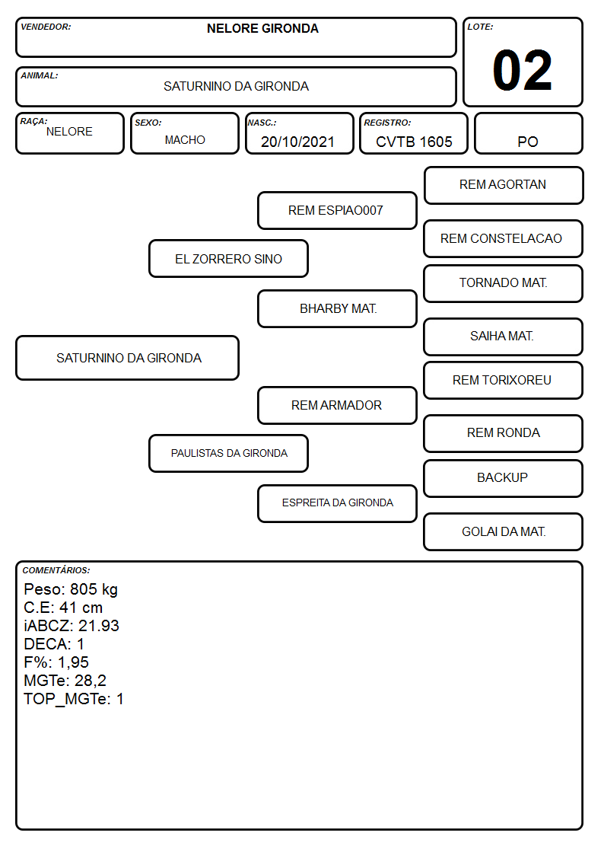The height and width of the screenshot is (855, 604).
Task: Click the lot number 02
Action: tap(522, 70)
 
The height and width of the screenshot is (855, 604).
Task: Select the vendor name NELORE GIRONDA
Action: tap(262, 29)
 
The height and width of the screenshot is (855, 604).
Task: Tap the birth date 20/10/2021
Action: tap(297, 142)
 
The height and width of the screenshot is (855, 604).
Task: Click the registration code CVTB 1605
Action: tap(414, 142)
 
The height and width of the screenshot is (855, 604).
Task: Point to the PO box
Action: tap(528, 133)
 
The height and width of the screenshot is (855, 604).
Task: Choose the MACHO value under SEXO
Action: tap(185, 140)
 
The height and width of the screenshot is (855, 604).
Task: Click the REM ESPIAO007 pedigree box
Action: tap(337, 210)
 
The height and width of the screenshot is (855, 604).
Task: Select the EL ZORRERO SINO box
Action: tap(229, 259)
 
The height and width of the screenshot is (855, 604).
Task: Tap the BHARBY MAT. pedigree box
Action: tap(337, 308)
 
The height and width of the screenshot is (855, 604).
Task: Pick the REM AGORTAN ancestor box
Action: tap(504, 186)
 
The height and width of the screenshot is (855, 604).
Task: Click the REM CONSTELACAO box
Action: tap(504, 239)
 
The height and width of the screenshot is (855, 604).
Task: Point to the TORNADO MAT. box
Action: tap(504, 283)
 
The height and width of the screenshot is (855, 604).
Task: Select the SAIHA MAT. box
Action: tap(504, 337)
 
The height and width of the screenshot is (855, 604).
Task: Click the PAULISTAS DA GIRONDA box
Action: tap(229, 454)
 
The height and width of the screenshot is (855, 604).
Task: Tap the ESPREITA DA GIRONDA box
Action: tap(337, 503)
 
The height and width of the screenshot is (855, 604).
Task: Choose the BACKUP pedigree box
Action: tap(504, 478)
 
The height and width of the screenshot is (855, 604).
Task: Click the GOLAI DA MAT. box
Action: tap(504, 531)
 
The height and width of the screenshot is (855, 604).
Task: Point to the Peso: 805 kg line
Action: tap(71, 589)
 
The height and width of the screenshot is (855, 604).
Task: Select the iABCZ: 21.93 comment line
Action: tap(72, 626)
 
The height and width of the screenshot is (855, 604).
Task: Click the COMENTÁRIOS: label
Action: tap(56, 570)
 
